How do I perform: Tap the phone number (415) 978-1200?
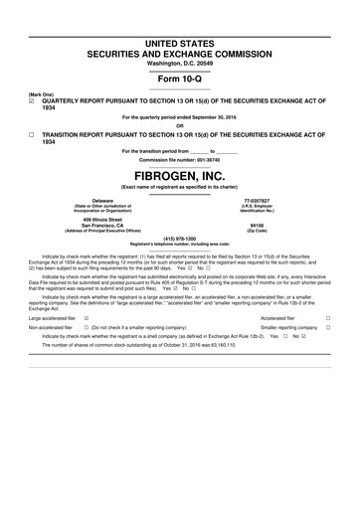179,238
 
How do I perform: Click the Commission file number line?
179,157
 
